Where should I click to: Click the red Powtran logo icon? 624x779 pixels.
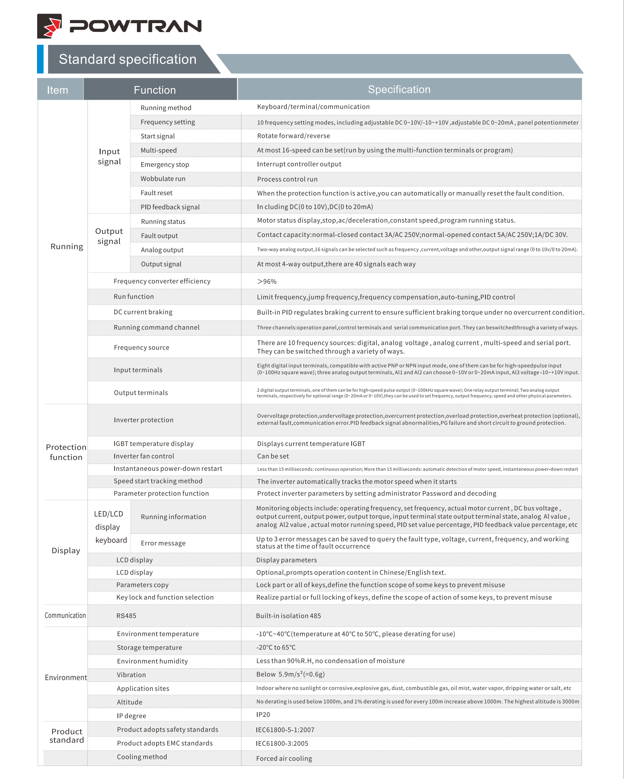(50, 26)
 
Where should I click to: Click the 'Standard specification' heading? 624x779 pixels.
(128, 59)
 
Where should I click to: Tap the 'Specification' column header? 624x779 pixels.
(399, 90)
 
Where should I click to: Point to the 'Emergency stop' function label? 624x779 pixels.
(165, 165)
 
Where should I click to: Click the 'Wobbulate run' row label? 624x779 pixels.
(163, 179)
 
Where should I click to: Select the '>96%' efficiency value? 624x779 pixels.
(267, 281)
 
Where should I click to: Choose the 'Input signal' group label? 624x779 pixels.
(109, 156)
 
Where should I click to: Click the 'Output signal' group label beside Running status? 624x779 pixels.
(109, 236)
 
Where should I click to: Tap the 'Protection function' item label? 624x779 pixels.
(66, 452)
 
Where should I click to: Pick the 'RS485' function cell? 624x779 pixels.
(126, 616)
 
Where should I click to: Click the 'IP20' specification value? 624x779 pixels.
(263, 715)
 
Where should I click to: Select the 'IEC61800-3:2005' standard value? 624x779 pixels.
(282, 743)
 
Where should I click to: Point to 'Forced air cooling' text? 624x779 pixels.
(284, 758)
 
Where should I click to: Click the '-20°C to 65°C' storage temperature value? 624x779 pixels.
(276, 647)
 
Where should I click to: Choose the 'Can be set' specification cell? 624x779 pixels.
(273, 456)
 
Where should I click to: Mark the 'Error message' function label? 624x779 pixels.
(163, 543)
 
